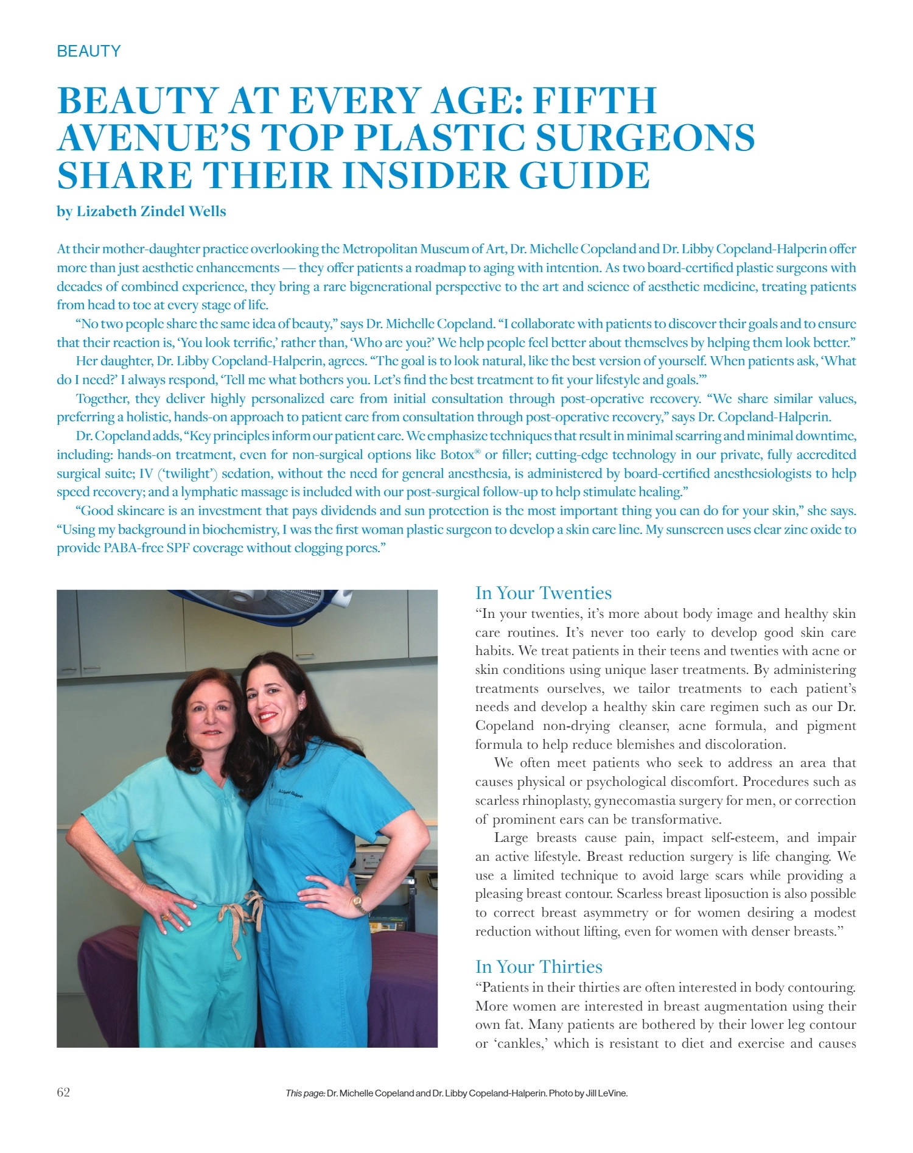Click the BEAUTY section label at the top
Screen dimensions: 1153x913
pyautogui.click(x=89, y=51)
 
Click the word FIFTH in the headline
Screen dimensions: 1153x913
pyautogui.click(x=595, y=100)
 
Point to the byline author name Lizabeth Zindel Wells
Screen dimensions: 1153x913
pyautogui.click(x=151, y=211)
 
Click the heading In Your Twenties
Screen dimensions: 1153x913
pyautogui.click(x=543, y=593)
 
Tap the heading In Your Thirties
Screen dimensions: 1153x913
pyautogui.click(x=539, y=967)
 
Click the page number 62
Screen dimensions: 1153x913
pyautogui.click(x=63, y=1092)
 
